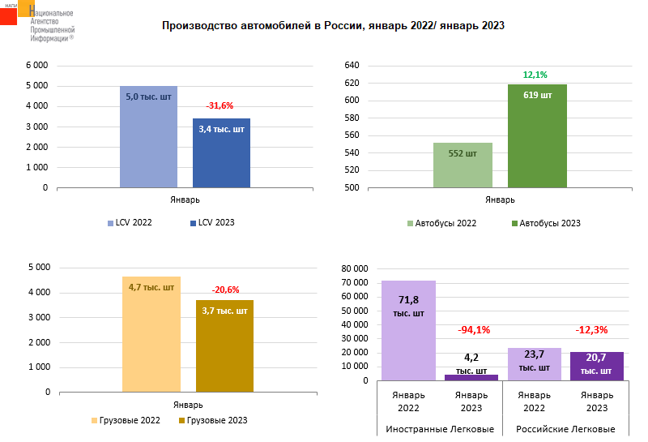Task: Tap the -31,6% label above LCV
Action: pos(220,105)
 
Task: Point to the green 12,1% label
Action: pos(535,75)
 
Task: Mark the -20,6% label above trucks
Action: pos(226,290)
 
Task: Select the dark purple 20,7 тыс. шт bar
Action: pos(596,366)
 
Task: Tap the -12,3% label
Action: pos(592,330)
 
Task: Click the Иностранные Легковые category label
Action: pos(440,429)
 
